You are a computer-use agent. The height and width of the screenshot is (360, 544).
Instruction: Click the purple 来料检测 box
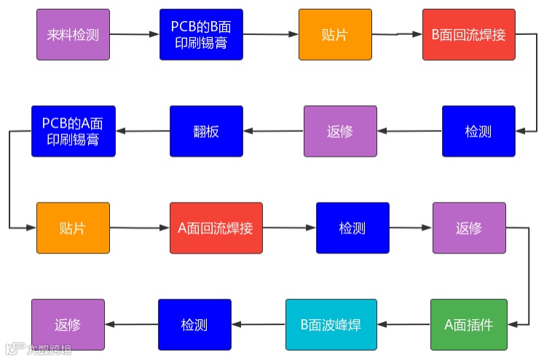73,34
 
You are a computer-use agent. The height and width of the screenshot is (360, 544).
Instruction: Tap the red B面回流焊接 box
468,34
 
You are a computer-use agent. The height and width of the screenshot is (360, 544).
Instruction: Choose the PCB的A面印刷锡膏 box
73,131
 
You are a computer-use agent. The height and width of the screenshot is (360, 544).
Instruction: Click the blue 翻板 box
206,131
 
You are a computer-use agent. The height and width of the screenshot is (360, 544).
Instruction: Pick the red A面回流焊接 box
216,228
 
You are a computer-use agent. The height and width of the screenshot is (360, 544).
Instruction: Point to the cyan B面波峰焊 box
331,324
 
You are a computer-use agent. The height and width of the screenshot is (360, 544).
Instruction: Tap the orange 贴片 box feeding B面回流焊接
334,34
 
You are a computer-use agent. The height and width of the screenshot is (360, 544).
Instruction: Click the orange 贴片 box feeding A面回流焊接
73,228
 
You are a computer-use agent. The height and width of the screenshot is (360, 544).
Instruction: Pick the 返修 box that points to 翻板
340,131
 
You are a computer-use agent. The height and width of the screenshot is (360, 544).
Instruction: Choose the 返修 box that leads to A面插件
469,228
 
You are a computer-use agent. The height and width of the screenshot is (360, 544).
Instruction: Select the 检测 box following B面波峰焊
194,324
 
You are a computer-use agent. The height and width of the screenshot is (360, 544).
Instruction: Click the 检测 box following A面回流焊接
352,228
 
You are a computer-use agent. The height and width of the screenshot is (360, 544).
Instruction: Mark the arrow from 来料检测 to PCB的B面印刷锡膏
135,34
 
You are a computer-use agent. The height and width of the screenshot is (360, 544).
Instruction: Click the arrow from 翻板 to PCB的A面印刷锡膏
143,131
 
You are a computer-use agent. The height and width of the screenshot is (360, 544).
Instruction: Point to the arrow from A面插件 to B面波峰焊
403,324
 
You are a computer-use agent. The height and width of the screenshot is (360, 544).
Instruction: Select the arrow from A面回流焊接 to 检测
289,228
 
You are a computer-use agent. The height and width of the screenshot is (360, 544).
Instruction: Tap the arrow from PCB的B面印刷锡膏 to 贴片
269,34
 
